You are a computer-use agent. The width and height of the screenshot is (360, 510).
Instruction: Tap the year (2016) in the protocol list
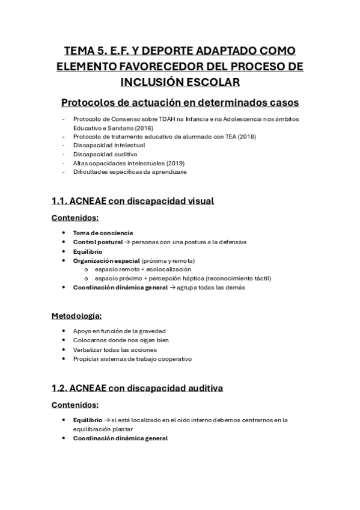145,128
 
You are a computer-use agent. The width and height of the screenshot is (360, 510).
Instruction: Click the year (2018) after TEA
245,137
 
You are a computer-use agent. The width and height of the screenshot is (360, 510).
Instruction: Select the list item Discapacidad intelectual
109,146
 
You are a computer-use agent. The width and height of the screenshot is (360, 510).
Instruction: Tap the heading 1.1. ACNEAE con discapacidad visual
133,201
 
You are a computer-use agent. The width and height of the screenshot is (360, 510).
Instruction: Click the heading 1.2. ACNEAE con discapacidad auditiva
138,388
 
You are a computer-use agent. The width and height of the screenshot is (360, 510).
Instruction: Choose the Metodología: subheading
76,315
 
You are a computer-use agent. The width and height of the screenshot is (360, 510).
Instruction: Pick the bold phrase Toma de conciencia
103,232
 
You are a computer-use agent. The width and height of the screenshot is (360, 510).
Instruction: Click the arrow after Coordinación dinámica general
171,287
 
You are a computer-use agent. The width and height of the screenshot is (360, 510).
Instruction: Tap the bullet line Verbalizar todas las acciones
114,349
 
